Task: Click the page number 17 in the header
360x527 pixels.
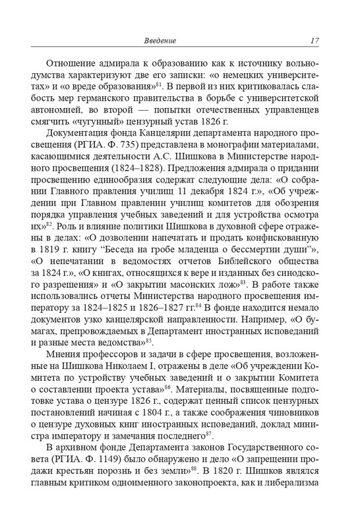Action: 315,42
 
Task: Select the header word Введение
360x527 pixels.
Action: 160,42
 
